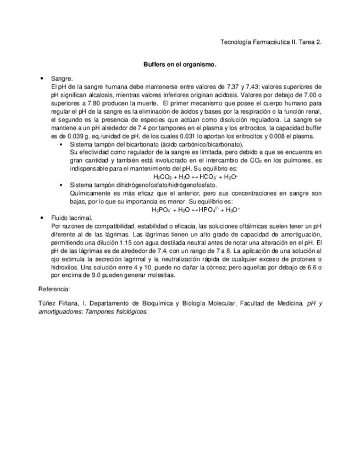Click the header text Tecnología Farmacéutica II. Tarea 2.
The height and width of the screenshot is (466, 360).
coord(270,42)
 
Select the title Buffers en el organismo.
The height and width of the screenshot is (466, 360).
coord(180,64)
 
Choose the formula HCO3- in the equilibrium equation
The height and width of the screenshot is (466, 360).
coord(208,177)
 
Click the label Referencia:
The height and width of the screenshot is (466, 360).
coord(54,289)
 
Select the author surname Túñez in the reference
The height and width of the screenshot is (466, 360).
coord(47,303)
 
